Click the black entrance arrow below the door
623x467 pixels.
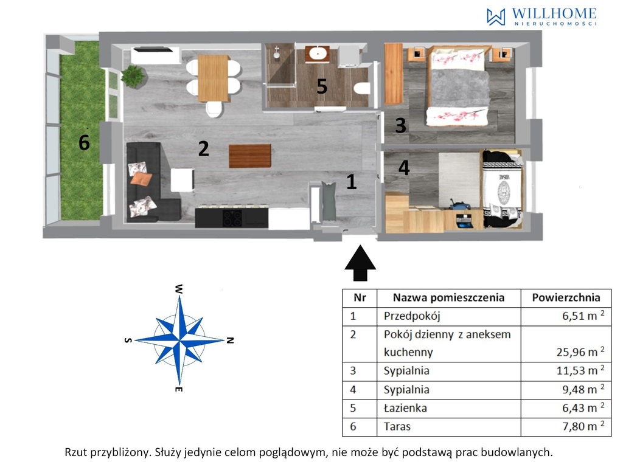point(360,263)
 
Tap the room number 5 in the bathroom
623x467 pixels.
point(322,86)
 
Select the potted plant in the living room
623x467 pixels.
point(133,75)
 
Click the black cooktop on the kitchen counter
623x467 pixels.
point(232,218)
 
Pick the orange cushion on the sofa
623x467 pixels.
point(141,179)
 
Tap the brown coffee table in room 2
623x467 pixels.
point(250,156)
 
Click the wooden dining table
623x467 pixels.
point(213,78)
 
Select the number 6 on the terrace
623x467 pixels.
point(84,142)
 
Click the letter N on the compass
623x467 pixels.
point(229,341)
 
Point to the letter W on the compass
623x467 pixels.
point(179,289)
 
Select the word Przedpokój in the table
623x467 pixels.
point(412,316)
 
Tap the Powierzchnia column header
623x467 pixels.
point(566,297)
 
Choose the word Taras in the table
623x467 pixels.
point(397,426)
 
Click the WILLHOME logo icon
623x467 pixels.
point(496,17)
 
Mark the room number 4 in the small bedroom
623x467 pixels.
point(404,168)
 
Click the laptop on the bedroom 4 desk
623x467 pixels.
point(464,221)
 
